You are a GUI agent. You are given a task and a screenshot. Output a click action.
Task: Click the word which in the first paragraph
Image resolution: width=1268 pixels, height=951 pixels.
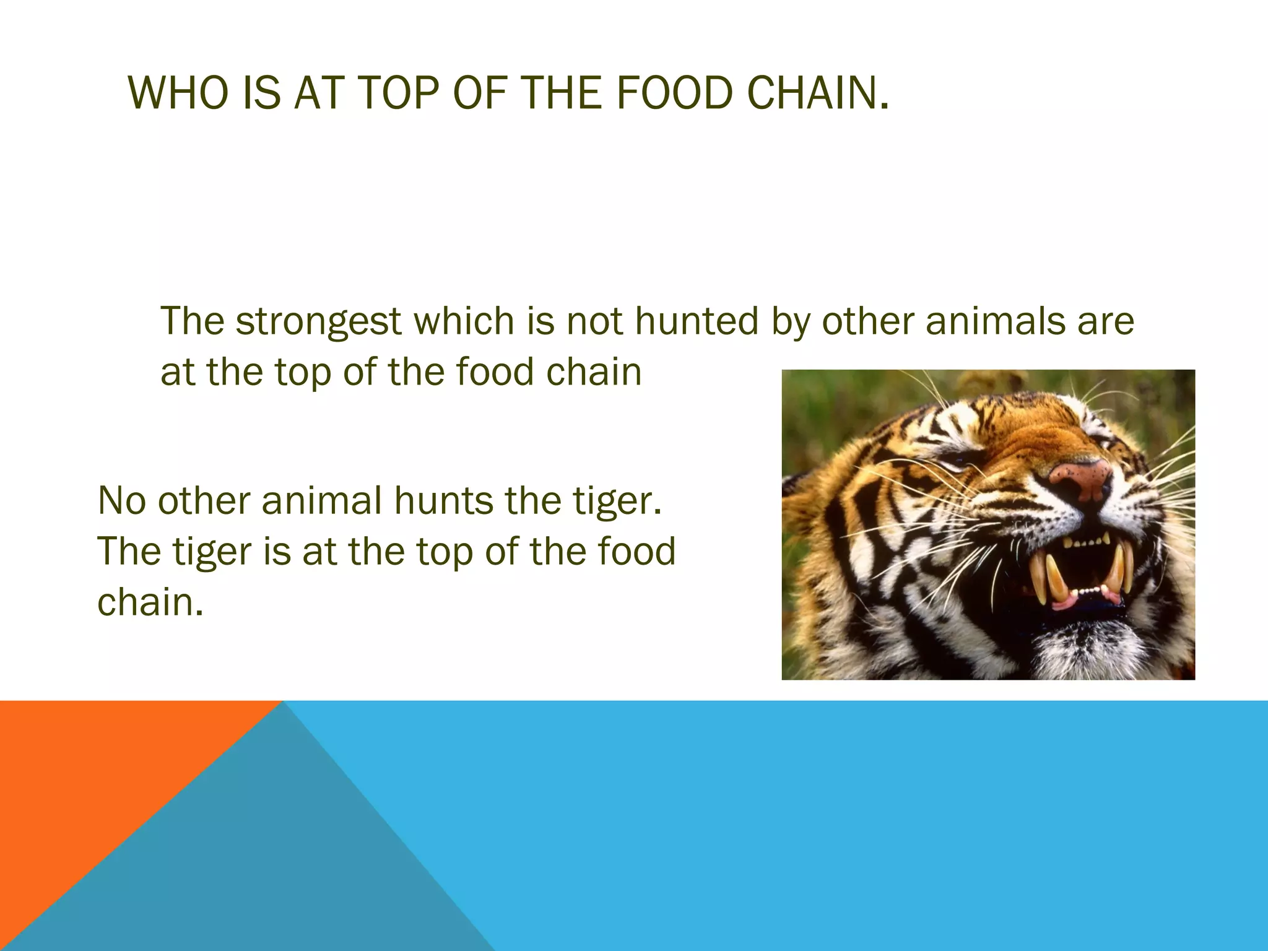[x=464, y=321]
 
